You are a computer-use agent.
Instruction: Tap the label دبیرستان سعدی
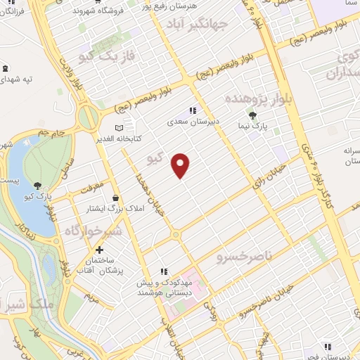click(x=193, y=121)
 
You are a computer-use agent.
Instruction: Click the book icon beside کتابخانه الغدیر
click(x=119, y=127)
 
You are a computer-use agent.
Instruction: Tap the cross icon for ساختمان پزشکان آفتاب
click(x=100, y=250)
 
